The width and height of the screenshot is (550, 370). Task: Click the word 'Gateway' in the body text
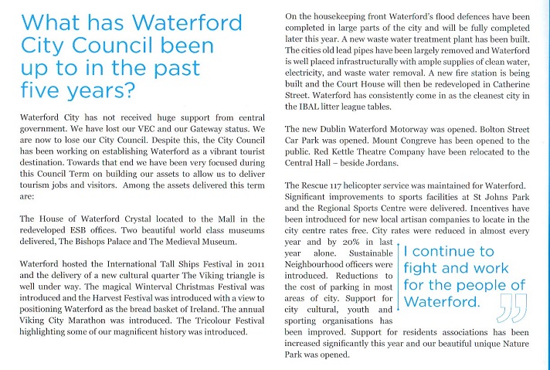(230, 129)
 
